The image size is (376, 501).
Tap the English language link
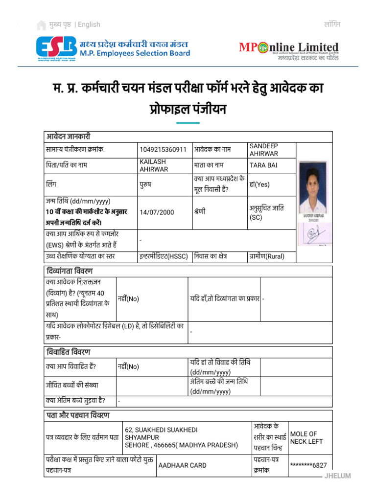[x=89, y=24]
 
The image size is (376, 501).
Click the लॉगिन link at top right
[x=332, y=24]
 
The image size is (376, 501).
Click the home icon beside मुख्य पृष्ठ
[x=41, y=24]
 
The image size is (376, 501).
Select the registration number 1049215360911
[x=163, y=150]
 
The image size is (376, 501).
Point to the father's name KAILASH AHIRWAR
[x=154, y=165]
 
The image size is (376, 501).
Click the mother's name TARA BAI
[x=263, y=165]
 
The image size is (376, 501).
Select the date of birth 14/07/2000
[x=157, y=212]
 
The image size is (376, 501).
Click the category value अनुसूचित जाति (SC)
[x=267, y=212]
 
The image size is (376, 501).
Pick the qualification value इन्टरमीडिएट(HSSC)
[x=164, y=256]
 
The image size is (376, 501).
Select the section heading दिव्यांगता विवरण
[x=69, y=271]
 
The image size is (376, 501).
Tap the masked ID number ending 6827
[x=308, y=465]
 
